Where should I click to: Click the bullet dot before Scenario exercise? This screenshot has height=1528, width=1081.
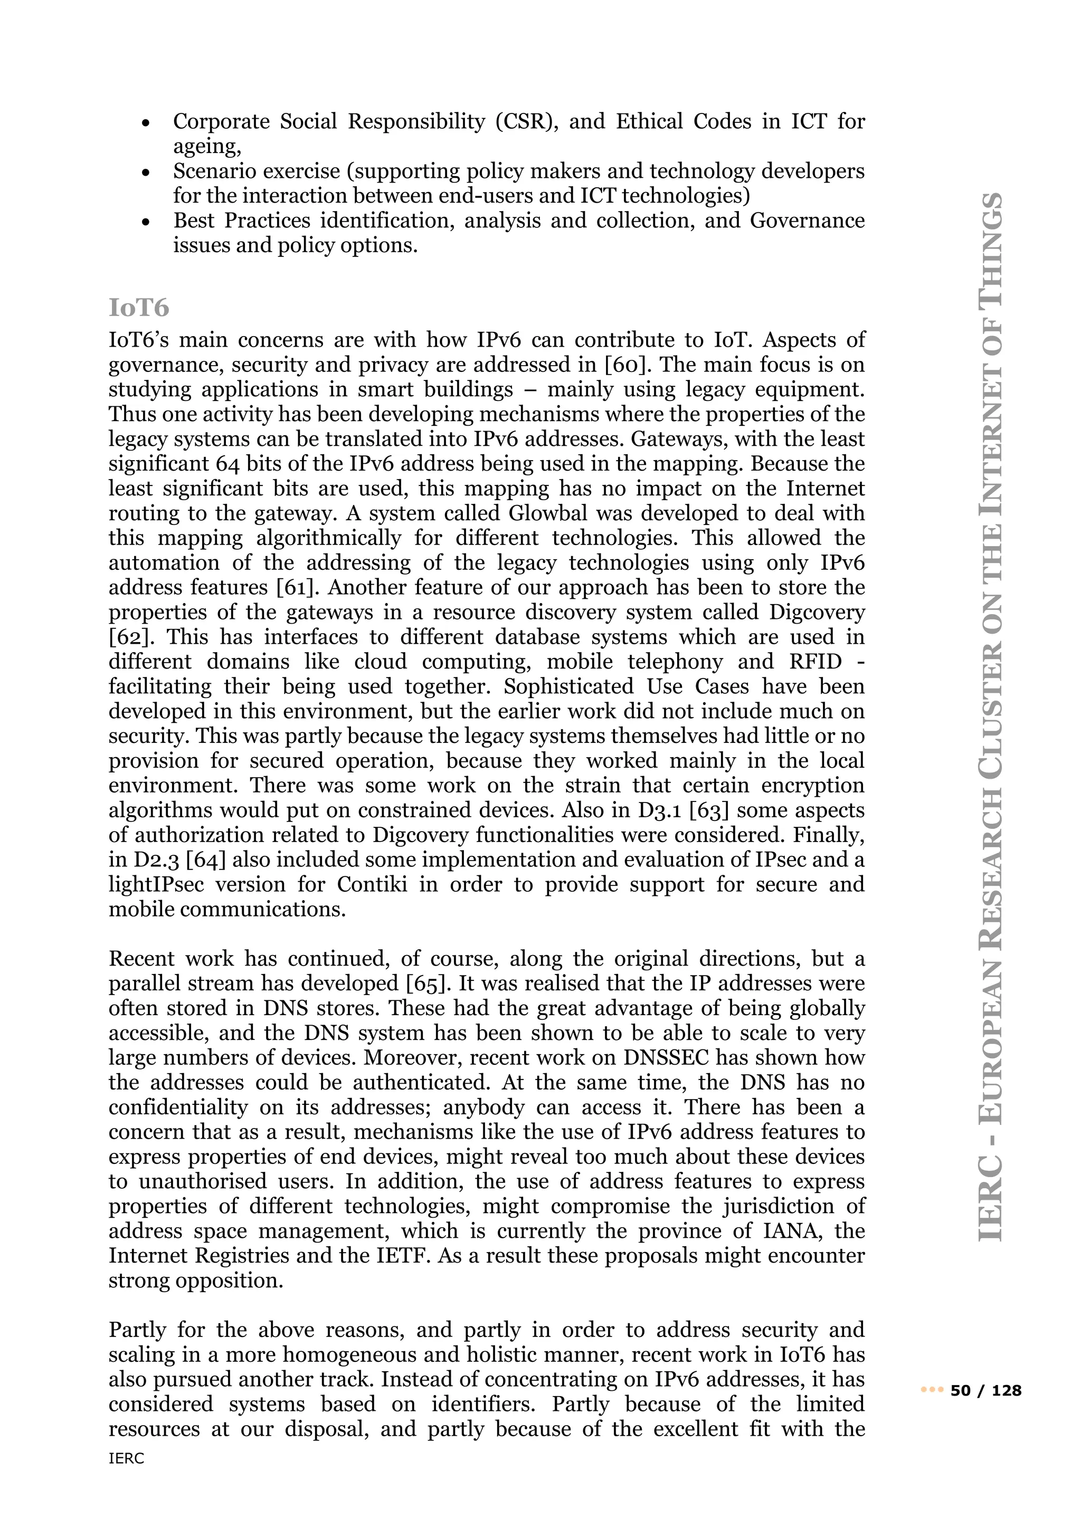(x=146, y=173)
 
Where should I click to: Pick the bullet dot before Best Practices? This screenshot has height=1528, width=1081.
(x=146, y=222)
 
